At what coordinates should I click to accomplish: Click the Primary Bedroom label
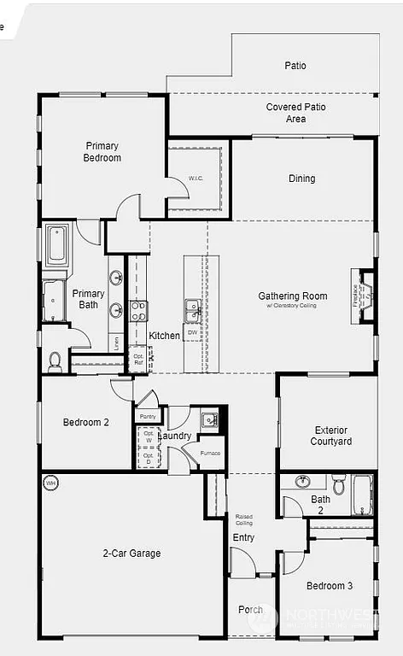click(102, 152)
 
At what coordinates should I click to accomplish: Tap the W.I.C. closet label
click(196, 179)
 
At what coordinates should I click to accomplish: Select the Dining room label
click(301, 179)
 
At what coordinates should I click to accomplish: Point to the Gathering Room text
click(293, 296)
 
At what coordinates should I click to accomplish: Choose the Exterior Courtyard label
click(332, 436)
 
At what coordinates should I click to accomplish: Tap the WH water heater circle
click(50, 483)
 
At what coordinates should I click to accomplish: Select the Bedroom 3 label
click(330, 585)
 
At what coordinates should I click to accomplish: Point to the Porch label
click(250, 609)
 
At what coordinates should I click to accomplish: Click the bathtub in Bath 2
click(363, 495)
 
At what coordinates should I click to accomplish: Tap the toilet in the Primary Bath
click(55, 361)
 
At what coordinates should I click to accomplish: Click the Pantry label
click(148, 417)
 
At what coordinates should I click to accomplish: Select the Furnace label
click(210, 453)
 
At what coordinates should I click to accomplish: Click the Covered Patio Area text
click(295, 113)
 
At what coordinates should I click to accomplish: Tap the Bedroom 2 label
click(86, 422)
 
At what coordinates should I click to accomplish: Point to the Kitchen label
click(165, 336)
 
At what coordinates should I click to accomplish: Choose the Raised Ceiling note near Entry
click(243, 520)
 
